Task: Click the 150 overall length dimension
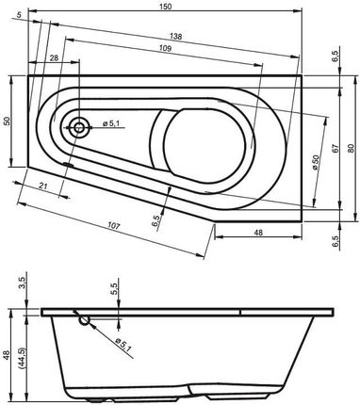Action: [166, 6]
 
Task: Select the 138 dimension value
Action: [175, 37]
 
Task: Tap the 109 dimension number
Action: [165, 48]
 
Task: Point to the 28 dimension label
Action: [54, 57]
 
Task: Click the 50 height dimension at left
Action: [7, 121]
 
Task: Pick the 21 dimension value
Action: [43, 186]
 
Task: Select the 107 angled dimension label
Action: [114, 225]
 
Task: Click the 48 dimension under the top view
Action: [258, 233]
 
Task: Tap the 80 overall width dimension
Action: [351, 149]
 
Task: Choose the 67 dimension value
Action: [335, 149]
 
